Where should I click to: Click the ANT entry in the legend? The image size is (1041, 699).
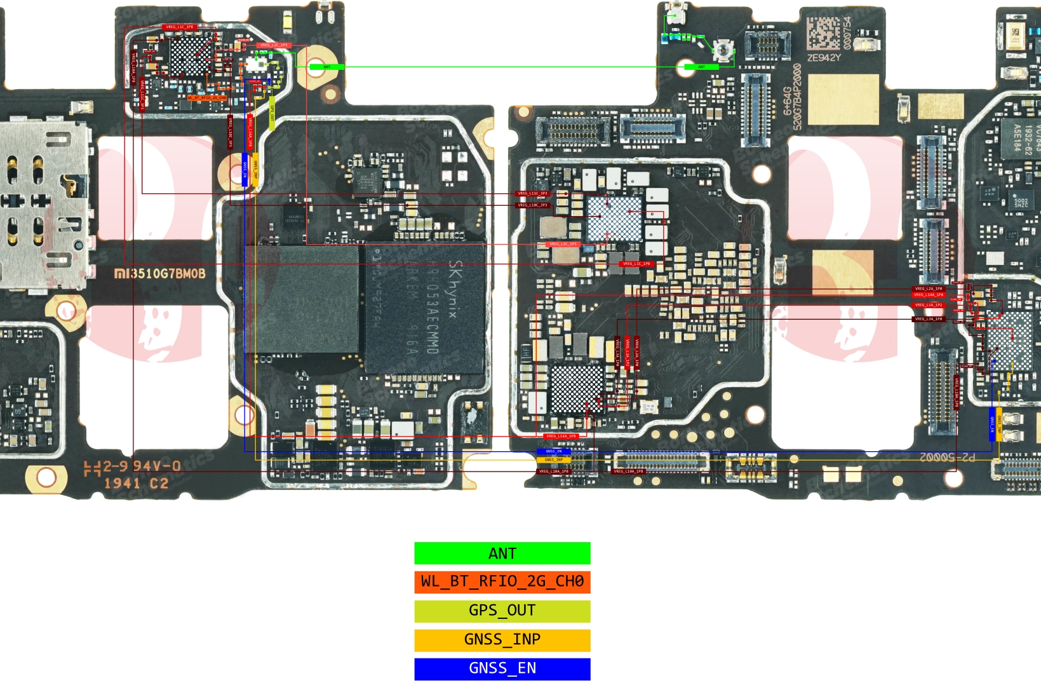pyautogui.click(x=502, y=553)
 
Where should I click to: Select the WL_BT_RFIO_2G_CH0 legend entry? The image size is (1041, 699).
pyautogui.click(x=502, y=581)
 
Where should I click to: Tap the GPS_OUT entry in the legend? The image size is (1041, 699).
pyautogui.click(x=502, y=611)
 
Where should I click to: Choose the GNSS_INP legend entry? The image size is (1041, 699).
pyautogui.click(x=502, y=639)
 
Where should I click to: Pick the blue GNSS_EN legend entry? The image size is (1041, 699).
pyautogui.click(x=502, y=668)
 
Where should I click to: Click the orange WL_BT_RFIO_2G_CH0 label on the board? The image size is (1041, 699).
pyautogui.click(x=207, y=98)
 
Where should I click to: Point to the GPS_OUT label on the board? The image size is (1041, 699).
pyautogui.click(x=272, y=114)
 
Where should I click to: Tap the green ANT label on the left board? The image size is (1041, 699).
pyautogui.click(x=327, y=67)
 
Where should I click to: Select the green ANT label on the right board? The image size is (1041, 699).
pyautogui.click(x=701, y=67)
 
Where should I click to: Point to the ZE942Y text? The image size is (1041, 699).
pyautogui.click(x=824, y=58)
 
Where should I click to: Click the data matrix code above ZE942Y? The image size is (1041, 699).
pyautogui.click(x=823, y=33)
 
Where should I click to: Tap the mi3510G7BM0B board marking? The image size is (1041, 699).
pyautogui.click(x=160, y=274)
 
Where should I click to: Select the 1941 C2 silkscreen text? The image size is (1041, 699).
pyautogui.click(x=136, y=484)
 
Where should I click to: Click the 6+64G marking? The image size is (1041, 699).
pyautogui.click(x=788, y=102)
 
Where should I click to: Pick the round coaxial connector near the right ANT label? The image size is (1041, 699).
pyautogui.click(x=722, y=48)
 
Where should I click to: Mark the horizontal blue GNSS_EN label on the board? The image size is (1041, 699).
pyautogui.click(x=554, y=451)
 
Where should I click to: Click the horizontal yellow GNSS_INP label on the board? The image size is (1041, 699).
pyautogui.click(x=554, y=459)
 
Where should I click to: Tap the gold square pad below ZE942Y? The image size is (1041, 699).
pyautogui.click(x=843, y=99)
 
